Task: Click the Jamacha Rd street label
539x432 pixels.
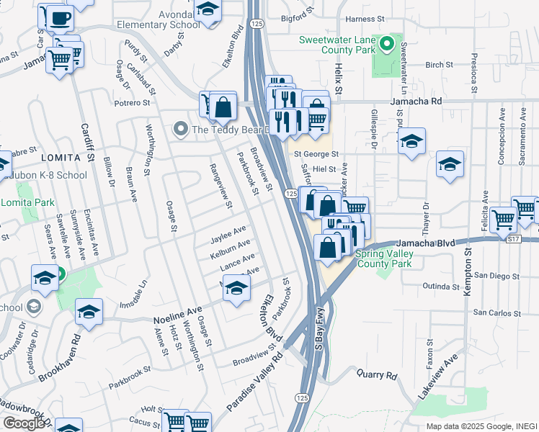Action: click(416, 102)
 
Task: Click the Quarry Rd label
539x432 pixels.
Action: click(377, 375)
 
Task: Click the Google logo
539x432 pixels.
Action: click(23, 423)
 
